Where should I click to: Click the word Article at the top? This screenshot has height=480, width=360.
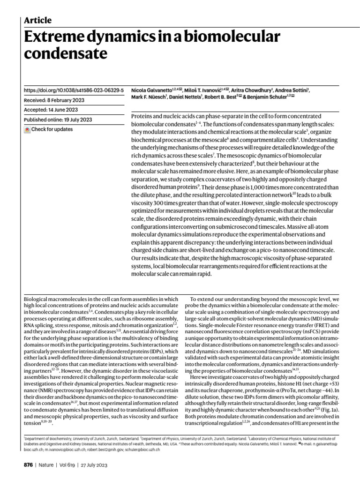pyautogui.click(x=37, y=20)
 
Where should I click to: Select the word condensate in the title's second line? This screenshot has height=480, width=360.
pyautogui.click(x=66, y=55)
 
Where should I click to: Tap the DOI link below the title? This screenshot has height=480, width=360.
pyautogui.click(x=74, y=89)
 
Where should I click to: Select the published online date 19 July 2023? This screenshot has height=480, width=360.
pyautogui.click(x=77, y=120)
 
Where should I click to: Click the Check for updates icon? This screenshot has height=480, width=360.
pyautogui.click(x=28, y=130)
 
